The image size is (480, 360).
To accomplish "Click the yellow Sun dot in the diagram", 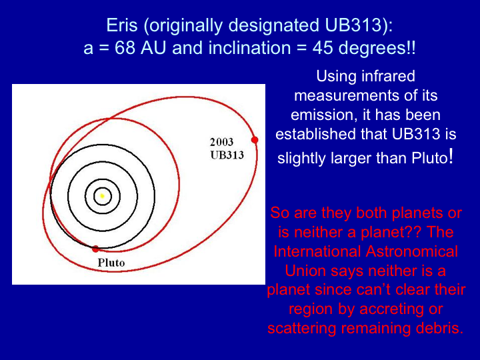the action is [x=102, y=195].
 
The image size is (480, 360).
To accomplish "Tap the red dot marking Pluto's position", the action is [x=95, y=249].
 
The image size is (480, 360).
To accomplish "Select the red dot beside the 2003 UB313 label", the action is [x=255, y=140].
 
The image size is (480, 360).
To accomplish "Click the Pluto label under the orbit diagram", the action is [x=111, y=263].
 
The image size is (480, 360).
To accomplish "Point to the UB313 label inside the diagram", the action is [x=227, y=155].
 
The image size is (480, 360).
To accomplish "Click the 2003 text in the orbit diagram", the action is [x=221, y=142].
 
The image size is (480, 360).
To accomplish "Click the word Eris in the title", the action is [x=122, y=25].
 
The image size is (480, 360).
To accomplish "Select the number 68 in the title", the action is [x=125, y=48].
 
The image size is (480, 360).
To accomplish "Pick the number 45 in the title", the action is [x=323, y=48].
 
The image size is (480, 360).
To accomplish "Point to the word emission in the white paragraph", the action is [x=324, y=115].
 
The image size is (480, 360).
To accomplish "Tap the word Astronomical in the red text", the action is [x=412, y=251].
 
